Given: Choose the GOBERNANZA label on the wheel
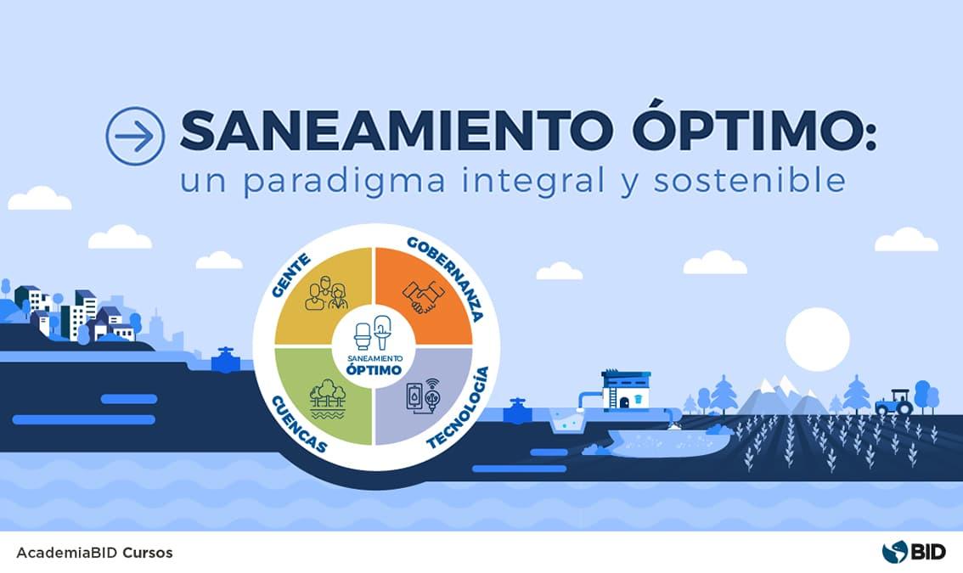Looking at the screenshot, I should coord(446,277).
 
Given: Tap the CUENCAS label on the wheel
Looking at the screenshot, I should coord(297,423).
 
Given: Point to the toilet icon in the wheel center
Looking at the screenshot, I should coord(363,335).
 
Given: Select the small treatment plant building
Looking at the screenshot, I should coord(626,391).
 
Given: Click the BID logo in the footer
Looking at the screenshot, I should coord(909,553).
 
